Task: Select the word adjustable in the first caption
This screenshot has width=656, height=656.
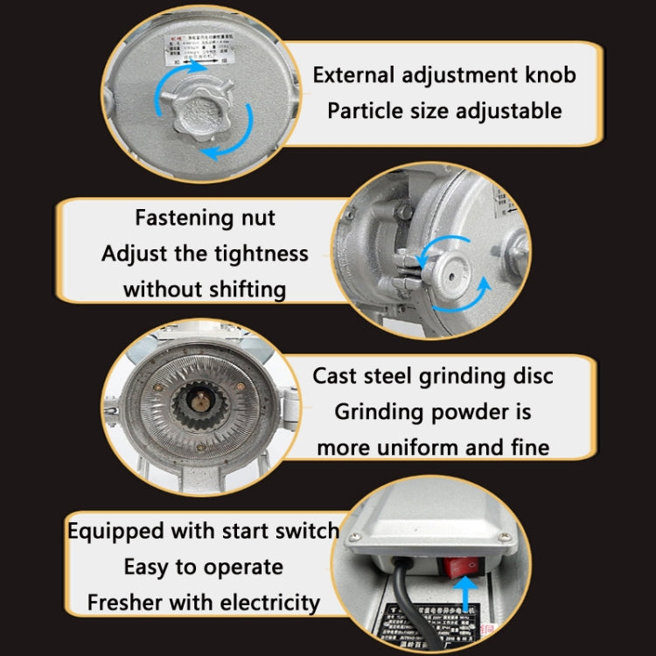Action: [511, 111]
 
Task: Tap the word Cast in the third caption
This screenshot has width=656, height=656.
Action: [337, 376]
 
